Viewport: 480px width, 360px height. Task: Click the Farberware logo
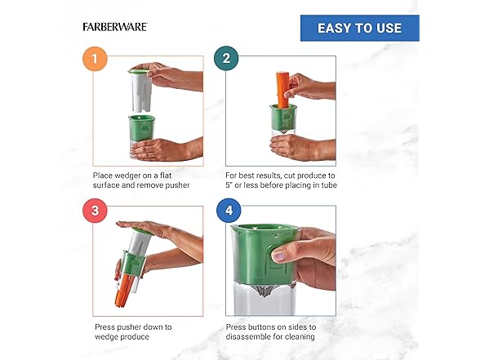point(115,27)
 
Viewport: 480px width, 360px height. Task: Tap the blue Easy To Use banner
point(360,28)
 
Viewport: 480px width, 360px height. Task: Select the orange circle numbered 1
point(95,59)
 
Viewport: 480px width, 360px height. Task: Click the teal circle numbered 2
point(226,58)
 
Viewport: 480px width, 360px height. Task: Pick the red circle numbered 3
point(96,211)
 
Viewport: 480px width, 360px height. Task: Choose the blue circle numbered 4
point(229,211)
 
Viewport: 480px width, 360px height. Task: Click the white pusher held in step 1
point(140,91)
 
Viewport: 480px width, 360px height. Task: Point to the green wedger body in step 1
point(141,128)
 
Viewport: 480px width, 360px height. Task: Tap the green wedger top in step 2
point(283,118)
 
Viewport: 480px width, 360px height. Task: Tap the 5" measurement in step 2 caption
point(229,185)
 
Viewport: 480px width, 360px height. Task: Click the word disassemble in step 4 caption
point(249,336)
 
